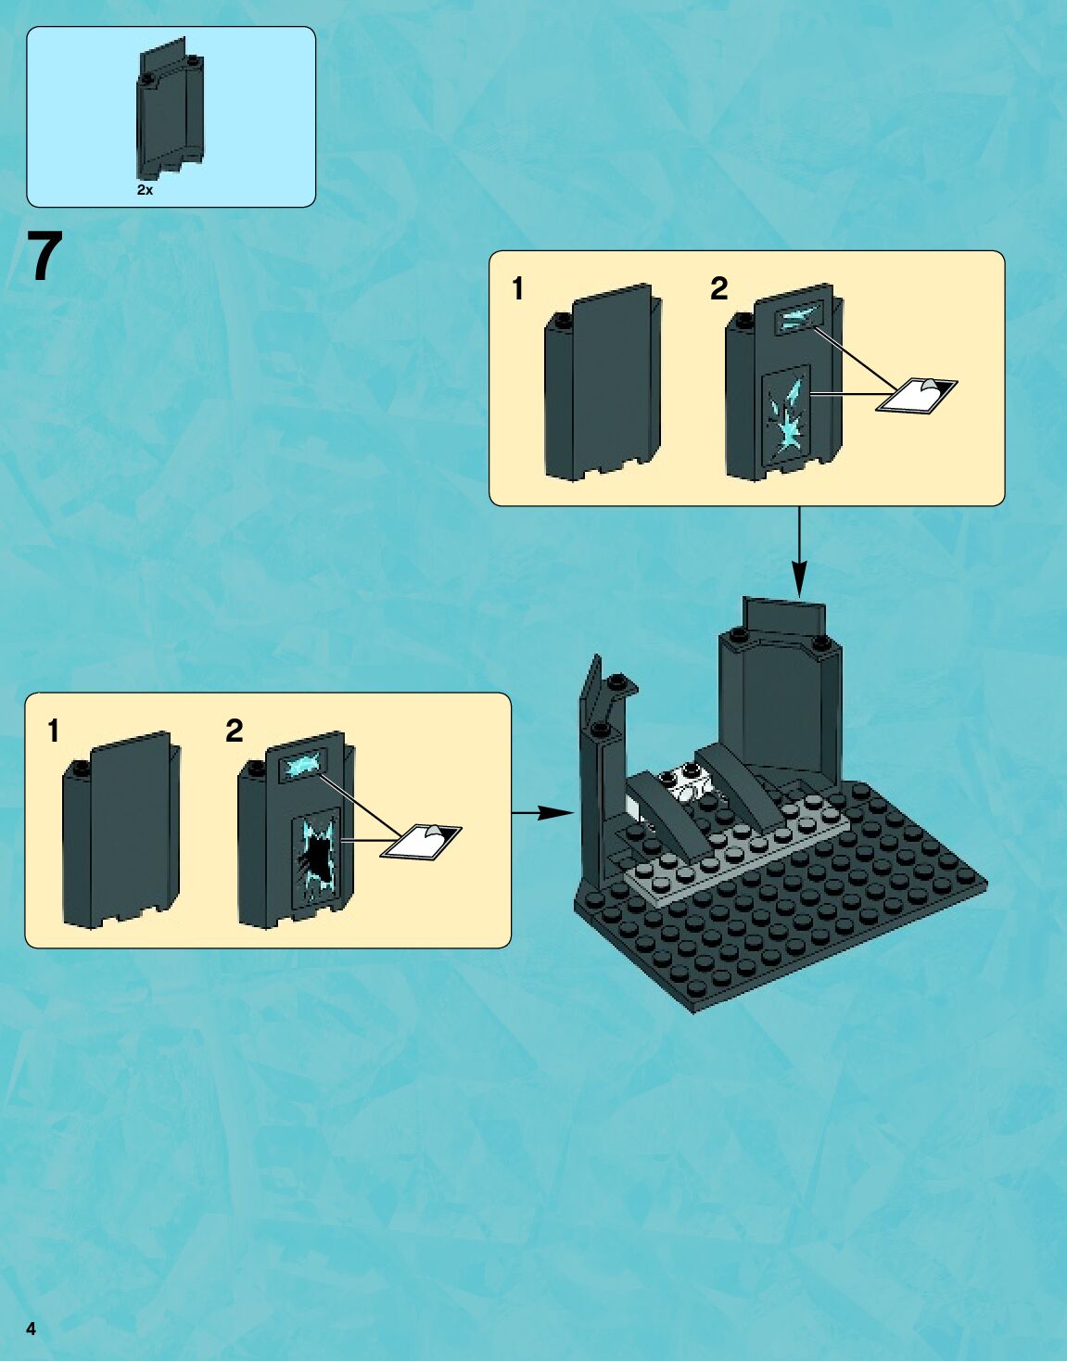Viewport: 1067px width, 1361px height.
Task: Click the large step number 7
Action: [x=44, y=257]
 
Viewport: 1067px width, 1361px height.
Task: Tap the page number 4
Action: [x=32, y=1329]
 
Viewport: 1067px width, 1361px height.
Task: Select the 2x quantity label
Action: [x=145, y=190]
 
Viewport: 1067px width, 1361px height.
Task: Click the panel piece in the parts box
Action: [x=171, y=111]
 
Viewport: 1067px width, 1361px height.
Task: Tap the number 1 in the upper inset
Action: [x=518, y=289]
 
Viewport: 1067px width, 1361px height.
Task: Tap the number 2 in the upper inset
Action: [x=718, y=289]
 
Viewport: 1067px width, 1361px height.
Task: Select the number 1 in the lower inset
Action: [x=54, y=731]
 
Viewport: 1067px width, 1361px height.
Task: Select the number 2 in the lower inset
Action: [x=234, y=731]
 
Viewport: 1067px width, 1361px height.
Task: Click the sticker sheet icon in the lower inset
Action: [x=422, y=842]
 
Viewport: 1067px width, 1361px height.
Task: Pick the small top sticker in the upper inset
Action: [x=799, y=318]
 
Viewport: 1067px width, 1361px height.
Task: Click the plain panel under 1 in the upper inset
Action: [x=603, y=382]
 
